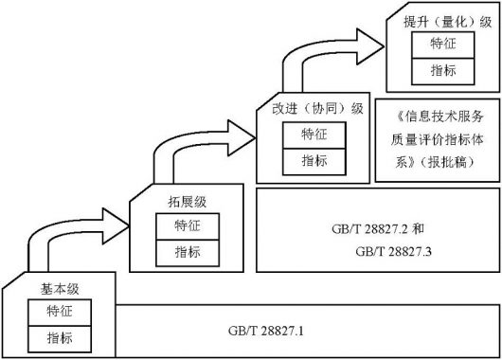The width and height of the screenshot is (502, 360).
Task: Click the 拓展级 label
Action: coord(183,202)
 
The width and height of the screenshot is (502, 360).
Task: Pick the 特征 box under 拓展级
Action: coord(186,226)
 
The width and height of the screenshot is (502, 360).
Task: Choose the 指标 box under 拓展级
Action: coord(186,251)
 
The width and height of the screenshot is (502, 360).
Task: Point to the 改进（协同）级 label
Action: coord(317,108)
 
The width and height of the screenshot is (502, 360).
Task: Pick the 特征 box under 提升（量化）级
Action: coord(442,45)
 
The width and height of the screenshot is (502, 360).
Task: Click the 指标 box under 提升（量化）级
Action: coord(442,71)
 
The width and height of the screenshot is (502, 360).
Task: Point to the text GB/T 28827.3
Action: coord(393,252)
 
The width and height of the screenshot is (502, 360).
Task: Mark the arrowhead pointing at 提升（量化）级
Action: coord(372,43)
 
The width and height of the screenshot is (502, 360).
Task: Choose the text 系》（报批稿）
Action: coord(438,163)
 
